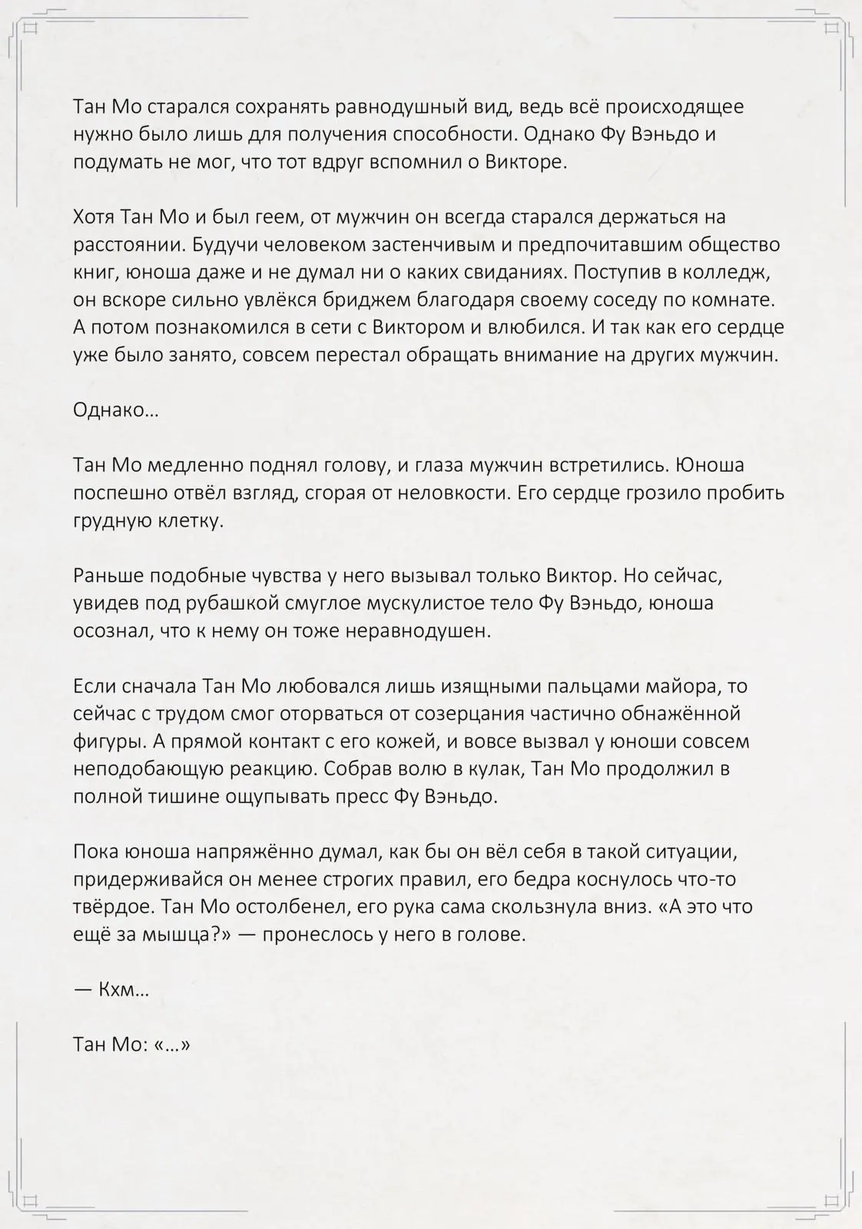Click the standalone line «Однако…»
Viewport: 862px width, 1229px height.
point(115,410)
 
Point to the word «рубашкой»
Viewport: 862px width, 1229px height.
point(234,603)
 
